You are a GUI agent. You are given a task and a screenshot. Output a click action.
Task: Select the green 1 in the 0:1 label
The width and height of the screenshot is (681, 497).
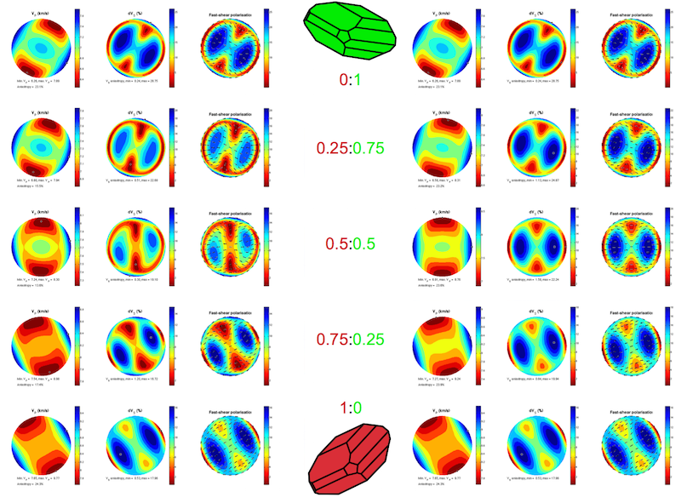(359, 81)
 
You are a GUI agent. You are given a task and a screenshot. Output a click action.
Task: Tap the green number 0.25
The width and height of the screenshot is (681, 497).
(372, 339)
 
